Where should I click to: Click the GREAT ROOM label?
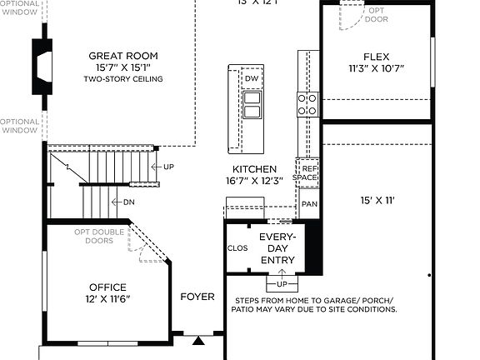[122, 56]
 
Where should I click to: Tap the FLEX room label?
[376, 57]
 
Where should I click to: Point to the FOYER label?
[197, 297]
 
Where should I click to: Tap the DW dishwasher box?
[251, 78]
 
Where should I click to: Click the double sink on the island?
[252, 104]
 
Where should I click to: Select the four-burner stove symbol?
[307, 104]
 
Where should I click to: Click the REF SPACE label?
[308, 172]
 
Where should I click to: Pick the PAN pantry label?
[309, 203]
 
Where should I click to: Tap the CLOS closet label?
[237, 248]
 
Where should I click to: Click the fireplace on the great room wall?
[42, 64]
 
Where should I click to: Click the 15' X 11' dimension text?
[376, 200]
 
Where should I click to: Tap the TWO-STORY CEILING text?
[122, 79]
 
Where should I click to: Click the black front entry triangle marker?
[197, 340]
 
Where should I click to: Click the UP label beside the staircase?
[168, 167]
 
